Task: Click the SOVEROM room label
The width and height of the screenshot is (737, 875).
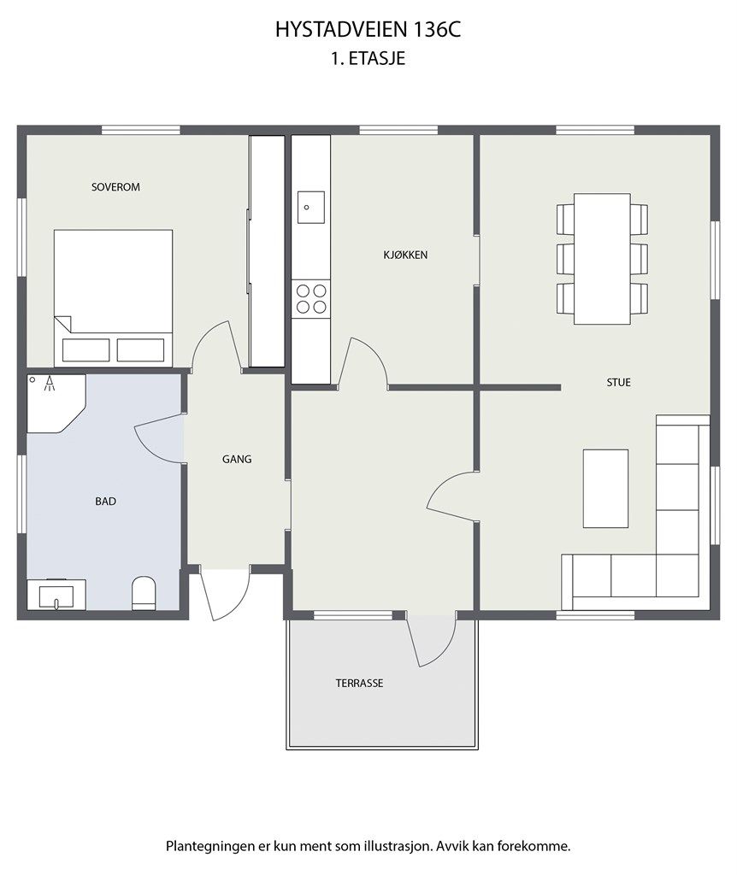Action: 115,187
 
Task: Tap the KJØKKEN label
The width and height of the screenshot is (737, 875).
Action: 405,255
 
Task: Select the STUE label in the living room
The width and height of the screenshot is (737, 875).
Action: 619,382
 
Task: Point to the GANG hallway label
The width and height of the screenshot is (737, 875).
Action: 237,459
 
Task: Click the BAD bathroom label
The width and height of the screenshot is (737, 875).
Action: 105,501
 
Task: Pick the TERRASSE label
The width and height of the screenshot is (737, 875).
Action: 360,683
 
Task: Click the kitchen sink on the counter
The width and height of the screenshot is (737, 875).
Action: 311,207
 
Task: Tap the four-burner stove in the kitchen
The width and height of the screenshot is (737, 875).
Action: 311,298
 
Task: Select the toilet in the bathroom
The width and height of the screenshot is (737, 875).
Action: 144,593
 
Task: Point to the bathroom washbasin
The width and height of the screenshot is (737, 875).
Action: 56,595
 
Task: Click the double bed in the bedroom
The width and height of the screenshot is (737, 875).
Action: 113,297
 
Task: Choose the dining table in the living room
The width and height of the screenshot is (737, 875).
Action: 603,258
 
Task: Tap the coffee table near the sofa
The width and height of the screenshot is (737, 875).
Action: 606,488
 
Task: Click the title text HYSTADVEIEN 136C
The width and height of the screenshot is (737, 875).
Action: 368,30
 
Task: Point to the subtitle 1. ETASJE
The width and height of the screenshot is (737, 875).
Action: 368,59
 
